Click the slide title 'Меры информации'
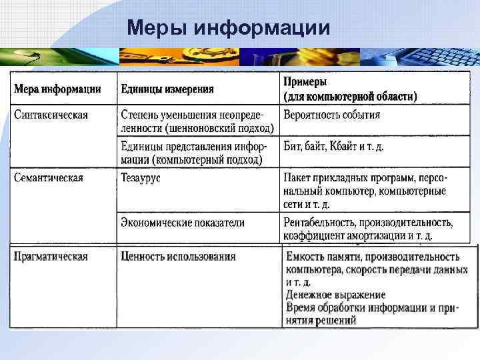[228, 27]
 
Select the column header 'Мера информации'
[58, 89]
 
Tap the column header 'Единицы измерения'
[167, 89]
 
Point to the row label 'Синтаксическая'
[51, 115]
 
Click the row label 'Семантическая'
[49, 178]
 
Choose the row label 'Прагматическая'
[51, 257]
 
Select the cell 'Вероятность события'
[332, 115]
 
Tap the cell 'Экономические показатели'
[183, 223]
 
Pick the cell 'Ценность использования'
[178, 257]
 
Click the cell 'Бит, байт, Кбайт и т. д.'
[334, 146]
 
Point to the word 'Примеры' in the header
[305, 81]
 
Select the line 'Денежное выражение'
[335, 294]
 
